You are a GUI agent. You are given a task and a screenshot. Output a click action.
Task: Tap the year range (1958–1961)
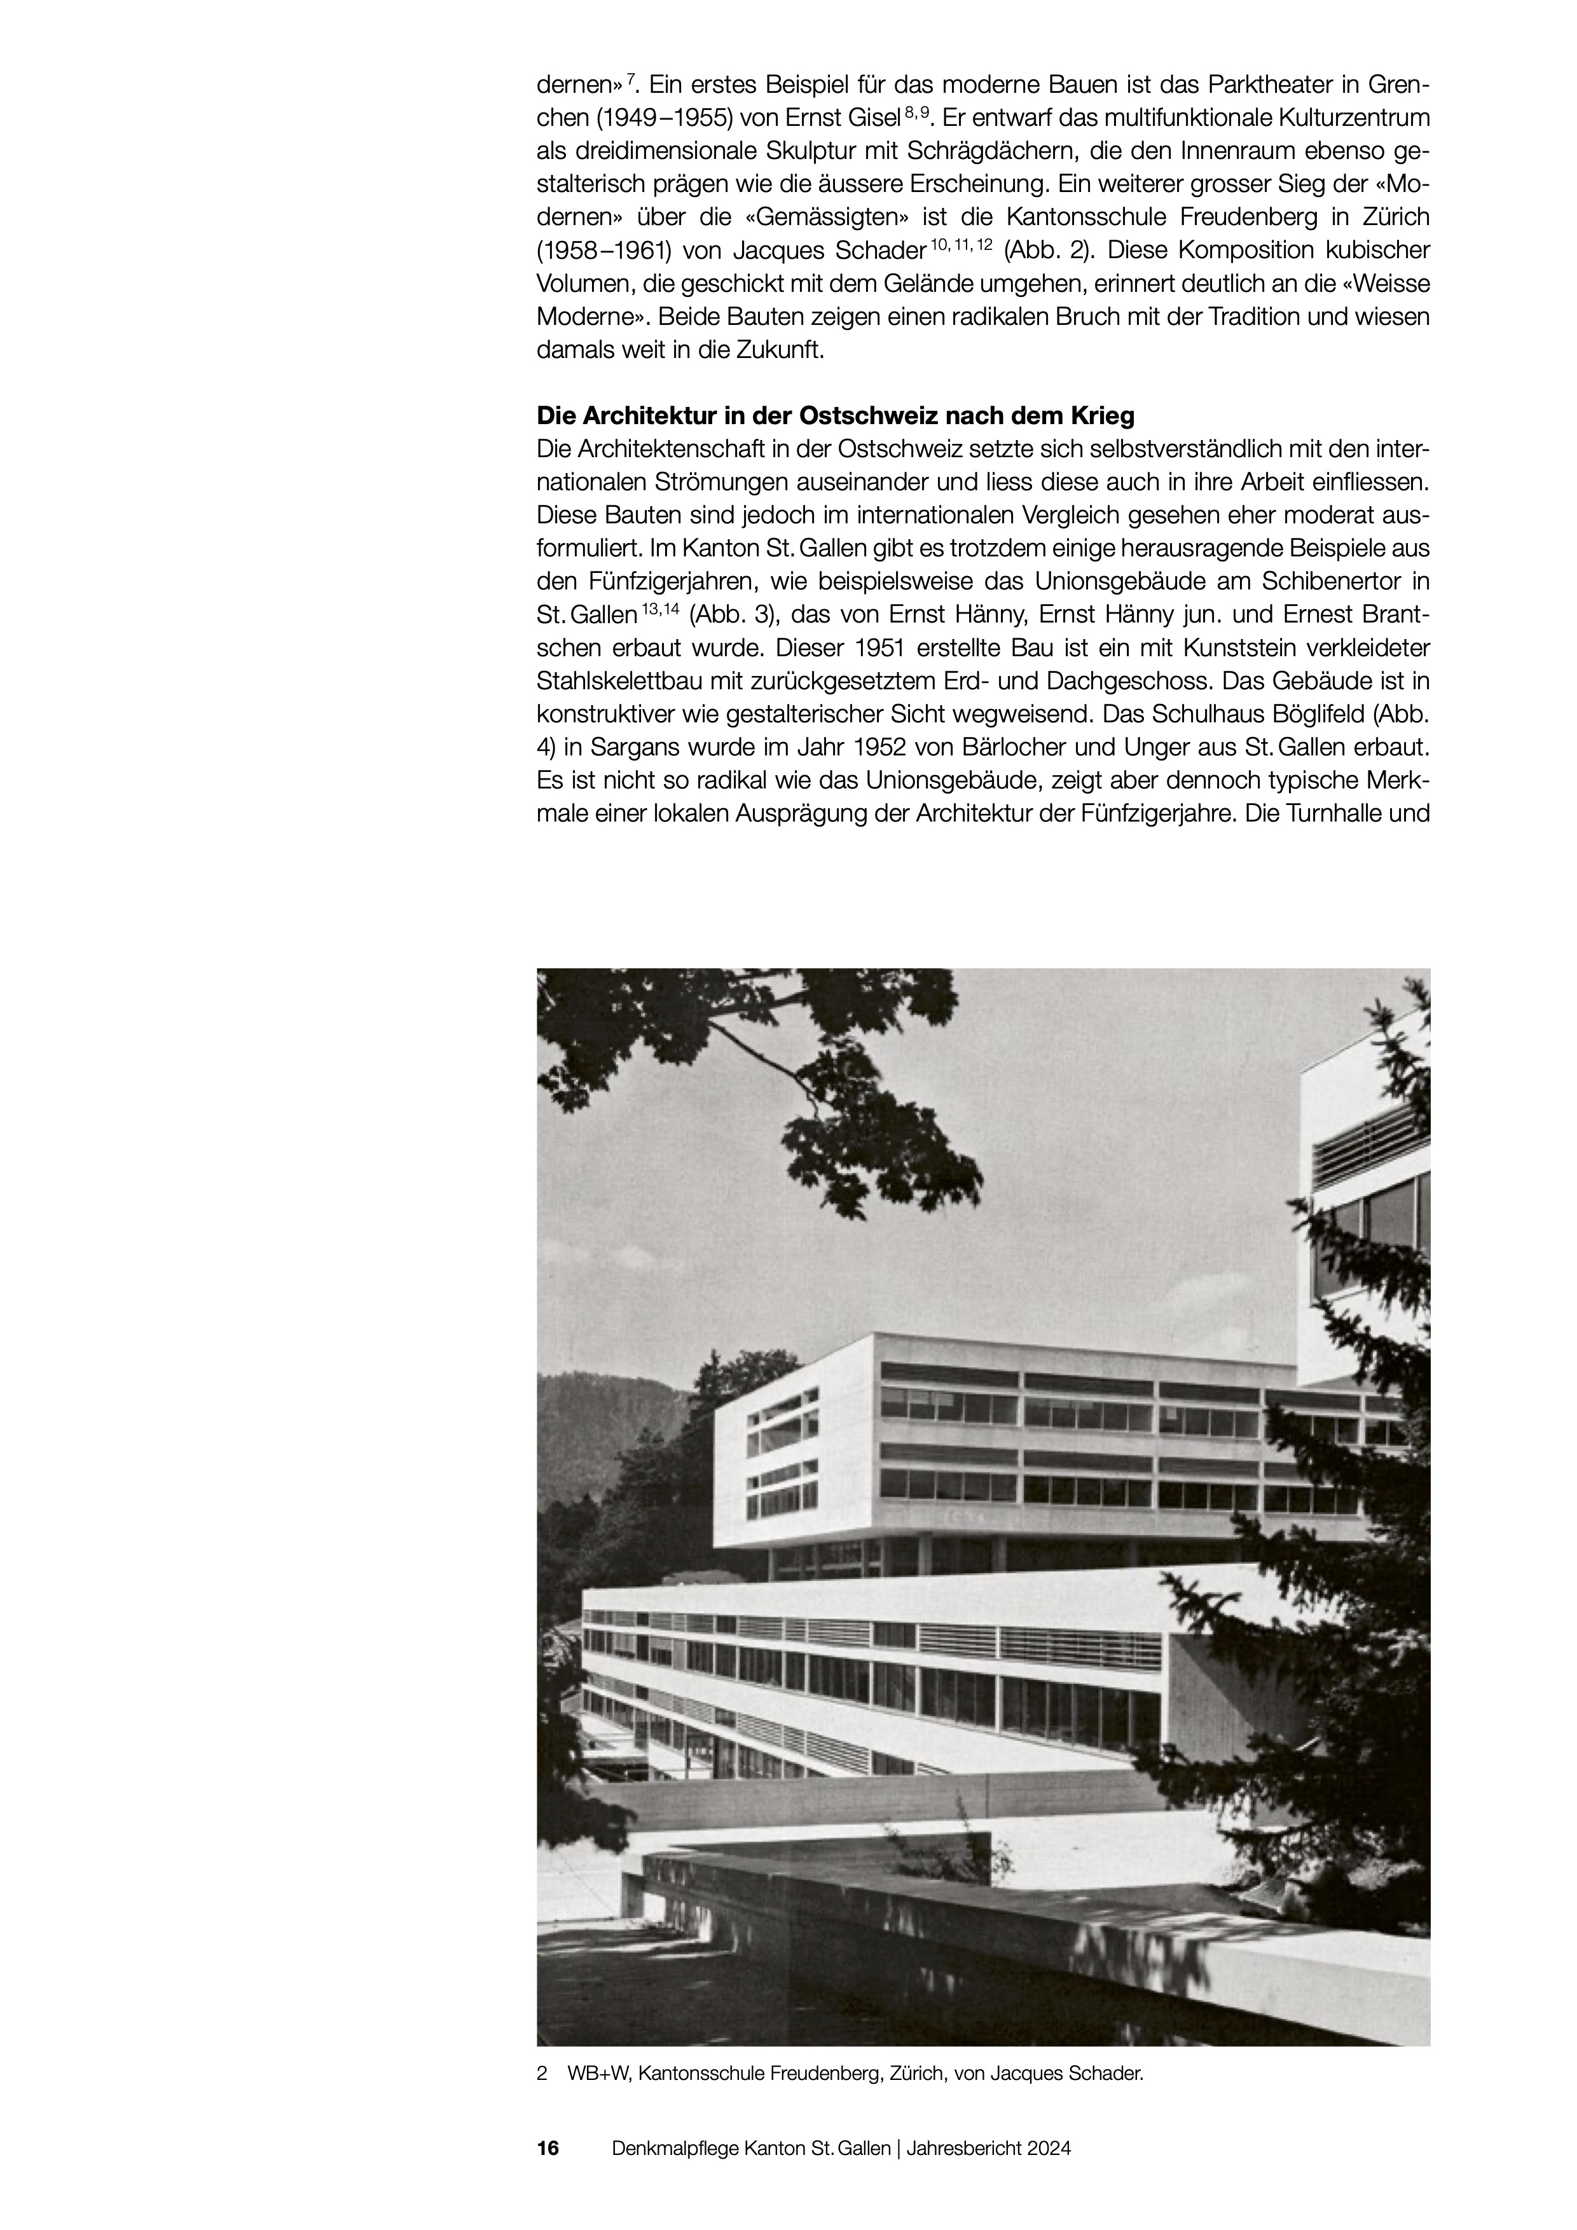point(602,250)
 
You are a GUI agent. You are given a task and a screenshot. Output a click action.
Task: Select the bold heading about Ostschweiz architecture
point(835,416)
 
